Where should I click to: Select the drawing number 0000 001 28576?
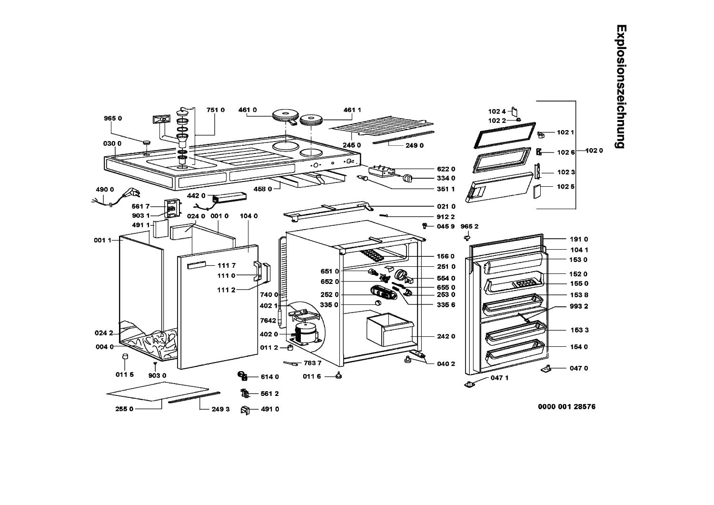point(566,406)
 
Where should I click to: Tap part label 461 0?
point(248,110)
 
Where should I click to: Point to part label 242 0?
point(446,336)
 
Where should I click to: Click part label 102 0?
point(594,151)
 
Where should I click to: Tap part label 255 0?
point(124,409)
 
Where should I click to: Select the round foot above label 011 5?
point(125,357)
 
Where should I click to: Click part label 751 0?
point(215,110)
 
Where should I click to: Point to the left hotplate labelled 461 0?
point(285,115)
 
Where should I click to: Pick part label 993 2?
point(579,306)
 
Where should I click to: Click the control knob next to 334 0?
point(407,178)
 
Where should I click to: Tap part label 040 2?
point(446,364)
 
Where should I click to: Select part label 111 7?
point(227,265)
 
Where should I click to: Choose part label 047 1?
point(499,378)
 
